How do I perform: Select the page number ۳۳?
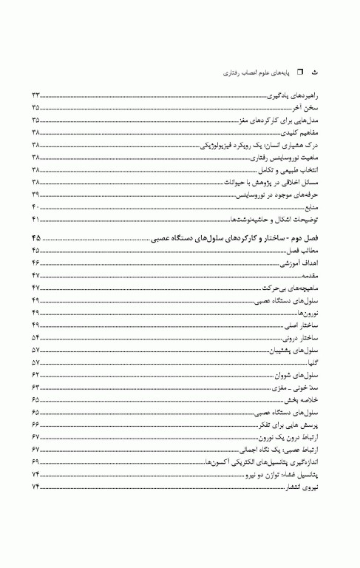[x=35, y=95]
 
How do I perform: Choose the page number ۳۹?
[x=35, y=195]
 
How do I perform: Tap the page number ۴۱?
[x=35, y=220]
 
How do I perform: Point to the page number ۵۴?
[x=35, y=339]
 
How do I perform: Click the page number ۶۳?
[x=35, y=389]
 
